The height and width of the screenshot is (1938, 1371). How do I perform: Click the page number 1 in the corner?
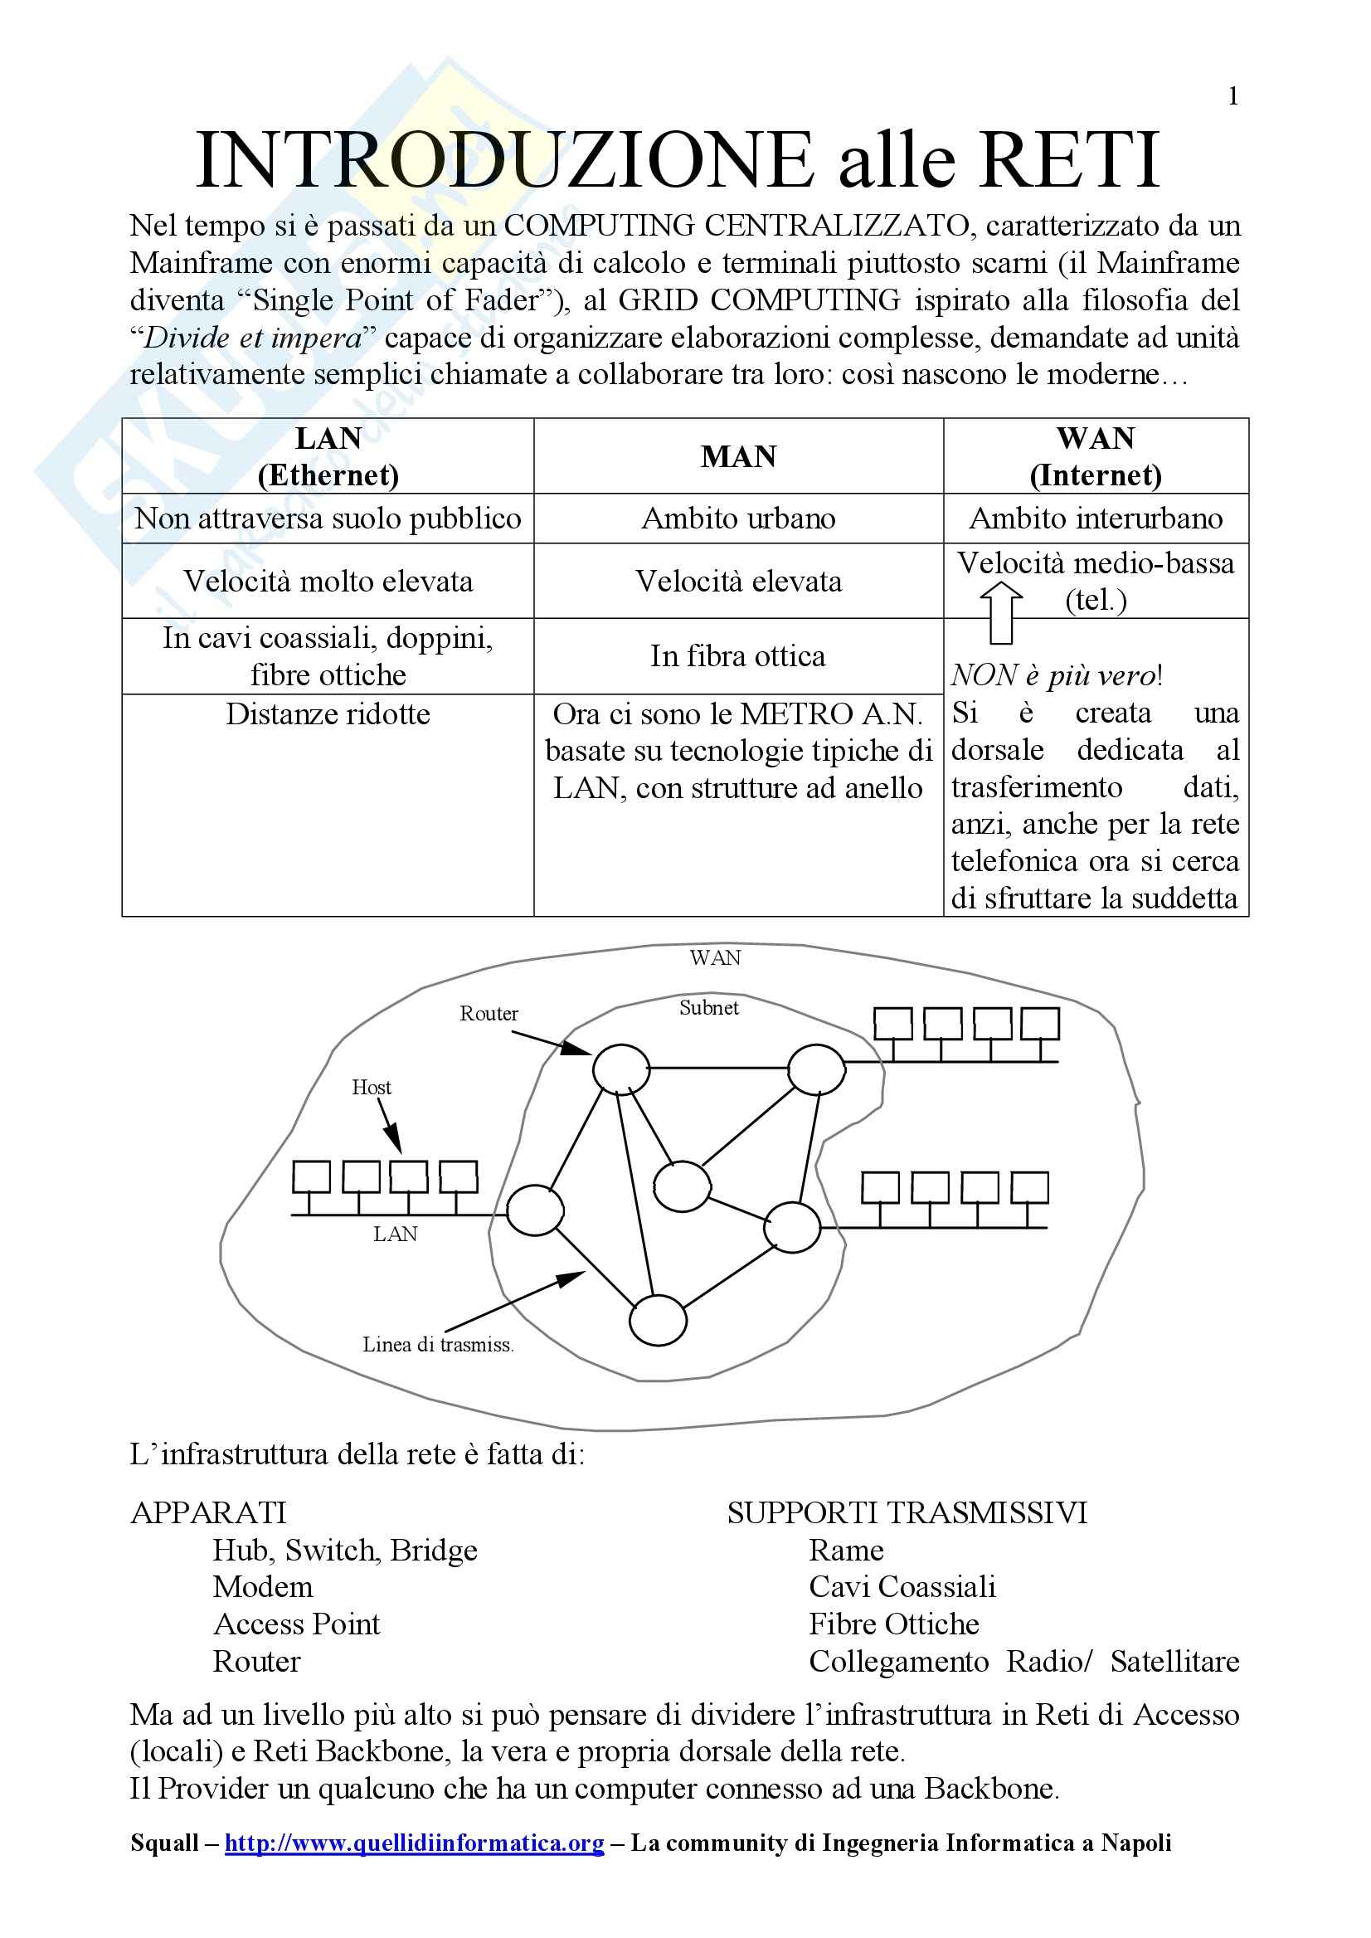point(1232,96)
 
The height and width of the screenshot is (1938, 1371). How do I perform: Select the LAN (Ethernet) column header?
point(328,456)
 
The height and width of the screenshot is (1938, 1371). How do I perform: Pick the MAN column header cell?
point(738,456)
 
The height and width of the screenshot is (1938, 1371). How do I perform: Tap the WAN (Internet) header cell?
point(1095,456)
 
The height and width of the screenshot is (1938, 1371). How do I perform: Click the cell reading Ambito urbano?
point(738,518)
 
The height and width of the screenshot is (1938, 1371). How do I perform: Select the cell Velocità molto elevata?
point(328,581)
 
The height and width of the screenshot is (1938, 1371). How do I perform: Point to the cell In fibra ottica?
point(738,656)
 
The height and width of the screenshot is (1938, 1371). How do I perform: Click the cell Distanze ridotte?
point(328,714)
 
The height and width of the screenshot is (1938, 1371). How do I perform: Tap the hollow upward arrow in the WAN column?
point(1001,611)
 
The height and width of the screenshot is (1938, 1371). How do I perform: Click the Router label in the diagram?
point(489,1013)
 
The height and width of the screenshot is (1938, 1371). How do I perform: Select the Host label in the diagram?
point(372,1087)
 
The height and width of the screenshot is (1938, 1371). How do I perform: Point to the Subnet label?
point(709,1007)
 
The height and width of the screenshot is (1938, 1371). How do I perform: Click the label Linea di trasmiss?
point(438,1344)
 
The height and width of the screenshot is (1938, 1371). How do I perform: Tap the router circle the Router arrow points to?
point(620,1069)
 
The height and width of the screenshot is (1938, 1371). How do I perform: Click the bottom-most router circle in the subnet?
point(658,1320)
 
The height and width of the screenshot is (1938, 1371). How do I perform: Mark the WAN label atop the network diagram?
point(715,957)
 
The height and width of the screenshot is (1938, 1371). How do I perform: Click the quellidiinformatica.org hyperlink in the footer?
point(415,1843)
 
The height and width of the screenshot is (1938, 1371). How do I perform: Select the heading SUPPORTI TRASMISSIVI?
point(907,1512)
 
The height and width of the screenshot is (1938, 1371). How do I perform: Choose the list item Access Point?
point(296,1624)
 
